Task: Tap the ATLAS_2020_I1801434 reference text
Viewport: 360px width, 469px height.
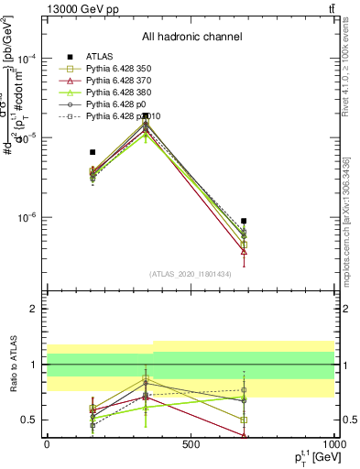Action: [x=191, y=274]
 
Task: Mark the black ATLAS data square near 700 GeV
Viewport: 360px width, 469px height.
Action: [x=244, y=221]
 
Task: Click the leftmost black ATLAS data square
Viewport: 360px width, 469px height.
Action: [x=93, y=152]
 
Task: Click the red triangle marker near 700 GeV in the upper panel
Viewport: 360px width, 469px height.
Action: [x=244, y=251]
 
